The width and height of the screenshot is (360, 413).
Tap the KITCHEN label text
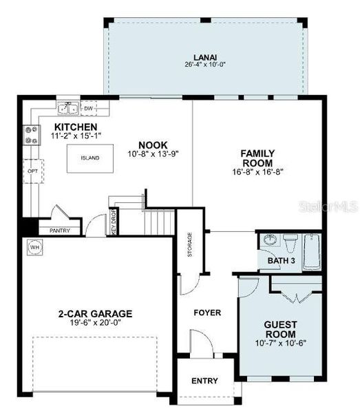pyautogui.click(x=76, y=127)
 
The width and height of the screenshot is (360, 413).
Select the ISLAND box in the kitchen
pyautogui.click(x=89, y=158)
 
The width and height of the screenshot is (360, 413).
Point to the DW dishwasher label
pyautogui.click(x=88, y=108)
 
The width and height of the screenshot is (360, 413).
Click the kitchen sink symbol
pyautogui.click(x=68, y=108)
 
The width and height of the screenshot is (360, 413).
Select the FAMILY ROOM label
pyautogui.click(x=257, y=158)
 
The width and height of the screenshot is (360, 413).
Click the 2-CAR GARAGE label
pyautogui.click(x=95, y=314)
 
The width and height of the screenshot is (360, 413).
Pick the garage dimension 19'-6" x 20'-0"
pyautogui.click(x=95, y=324)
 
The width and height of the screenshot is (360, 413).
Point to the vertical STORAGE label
pyautogui.click(x=190, y=246)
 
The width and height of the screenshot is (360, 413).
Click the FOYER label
pyautogui.click(x=207, y=313)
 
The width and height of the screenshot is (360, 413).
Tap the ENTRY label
pyautogui.click(x=204, y=381)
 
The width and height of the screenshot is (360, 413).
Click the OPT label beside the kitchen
pyautogui.click(x=32, y=170)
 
